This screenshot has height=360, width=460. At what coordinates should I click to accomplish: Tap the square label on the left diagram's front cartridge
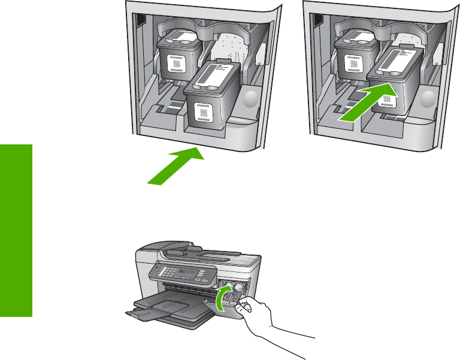click(x=203, y=112)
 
